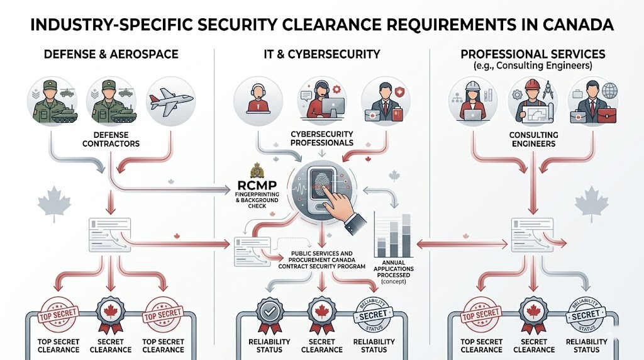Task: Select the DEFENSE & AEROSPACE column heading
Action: click(111, 54)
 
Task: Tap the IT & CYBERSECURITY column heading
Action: click(322, 54)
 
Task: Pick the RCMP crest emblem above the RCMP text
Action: click(256, 171)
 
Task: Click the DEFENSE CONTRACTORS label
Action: click(111, 139)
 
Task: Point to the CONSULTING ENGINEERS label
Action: click(533, 139)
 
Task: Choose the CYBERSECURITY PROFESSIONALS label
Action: click(321, 138)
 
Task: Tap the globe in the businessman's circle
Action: click(609, 91)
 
